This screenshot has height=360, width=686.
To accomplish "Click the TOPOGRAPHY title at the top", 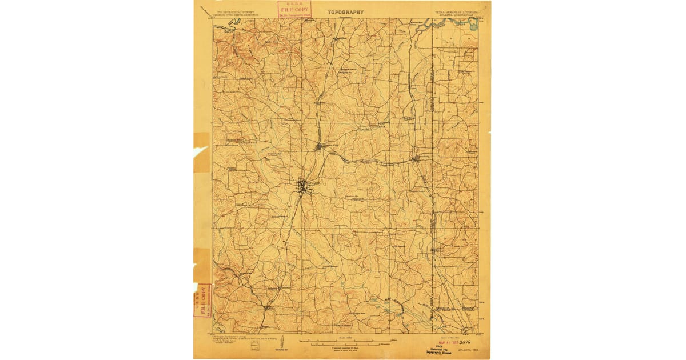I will [x=345, y=11].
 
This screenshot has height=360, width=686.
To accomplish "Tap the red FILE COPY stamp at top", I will [x=294, y=9].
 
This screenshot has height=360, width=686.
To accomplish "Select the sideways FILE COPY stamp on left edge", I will [x=203, y=299].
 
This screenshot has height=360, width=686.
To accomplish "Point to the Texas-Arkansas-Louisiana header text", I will [x=454, y=11].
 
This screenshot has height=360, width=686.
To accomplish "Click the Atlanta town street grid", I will [x=302, y=186].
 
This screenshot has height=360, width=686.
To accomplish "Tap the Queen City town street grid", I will [x=320, y=147].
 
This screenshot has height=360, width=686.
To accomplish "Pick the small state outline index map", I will [x=254, y=344].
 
